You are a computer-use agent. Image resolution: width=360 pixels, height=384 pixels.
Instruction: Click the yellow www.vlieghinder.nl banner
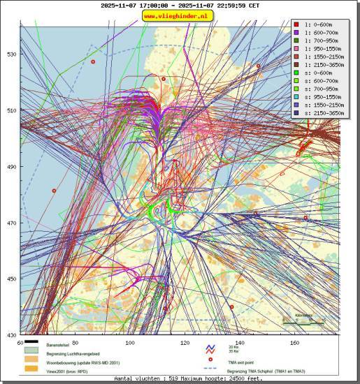pos(178,15)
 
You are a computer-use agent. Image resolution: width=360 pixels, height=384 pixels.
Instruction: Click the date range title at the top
pos(180,5)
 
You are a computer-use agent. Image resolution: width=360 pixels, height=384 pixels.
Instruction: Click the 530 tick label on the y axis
pos(11,54)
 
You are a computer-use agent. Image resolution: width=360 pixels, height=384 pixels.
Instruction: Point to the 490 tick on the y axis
pos(11,167)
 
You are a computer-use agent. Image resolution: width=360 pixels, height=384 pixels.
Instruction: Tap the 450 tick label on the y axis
pos(11,279)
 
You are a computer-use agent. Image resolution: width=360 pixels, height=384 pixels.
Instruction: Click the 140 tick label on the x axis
pos(240,343)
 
